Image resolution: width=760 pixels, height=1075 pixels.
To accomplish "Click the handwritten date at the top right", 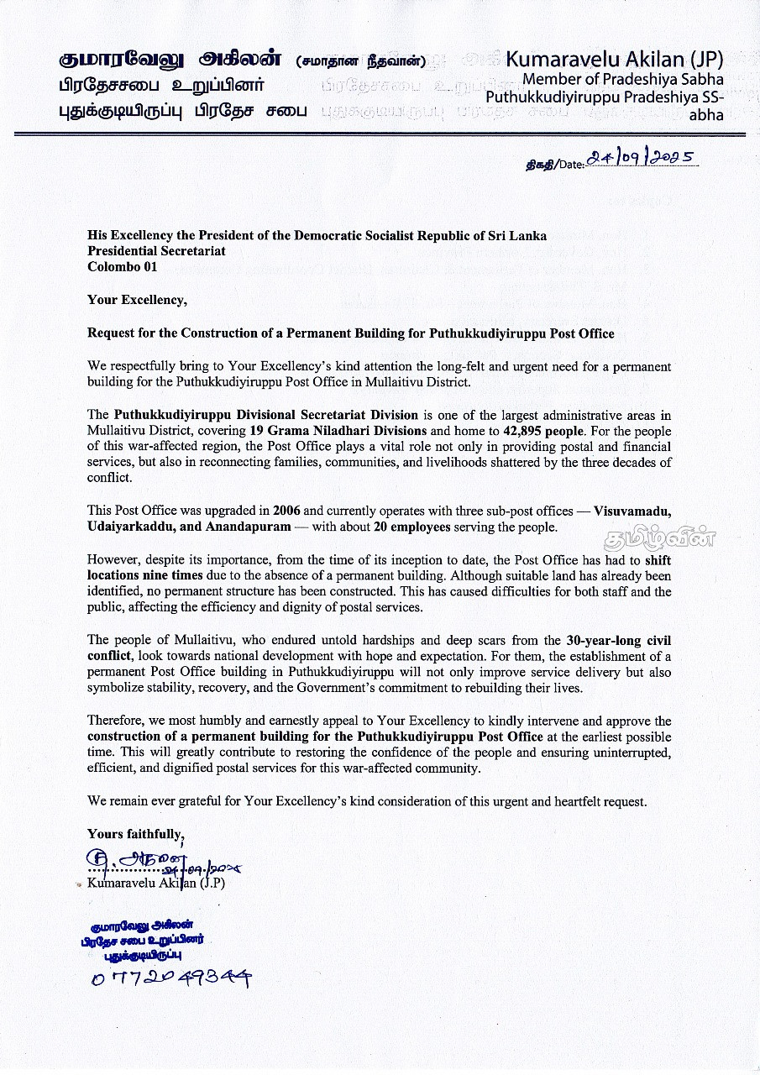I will pyautogui.click(x=642, y=159).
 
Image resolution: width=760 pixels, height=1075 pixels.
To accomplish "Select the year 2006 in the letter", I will pyautogui.click(x=287, y=511).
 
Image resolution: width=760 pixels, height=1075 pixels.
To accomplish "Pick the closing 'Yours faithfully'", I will pyautogui.click(x=134, y=834).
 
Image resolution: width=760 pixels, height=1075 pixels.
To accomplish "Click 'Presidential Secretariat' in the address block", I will pyautogui.click(x=156, y=251).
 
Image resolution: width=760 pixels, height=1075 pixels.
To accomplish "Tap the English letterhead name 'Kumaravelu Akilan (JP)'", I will pyautogui.click(x=614, y=60).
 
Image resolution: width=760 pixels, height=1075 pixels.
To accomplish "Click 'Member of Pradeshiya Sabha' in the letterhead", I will pyautogui.click(x=622, y=80).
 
